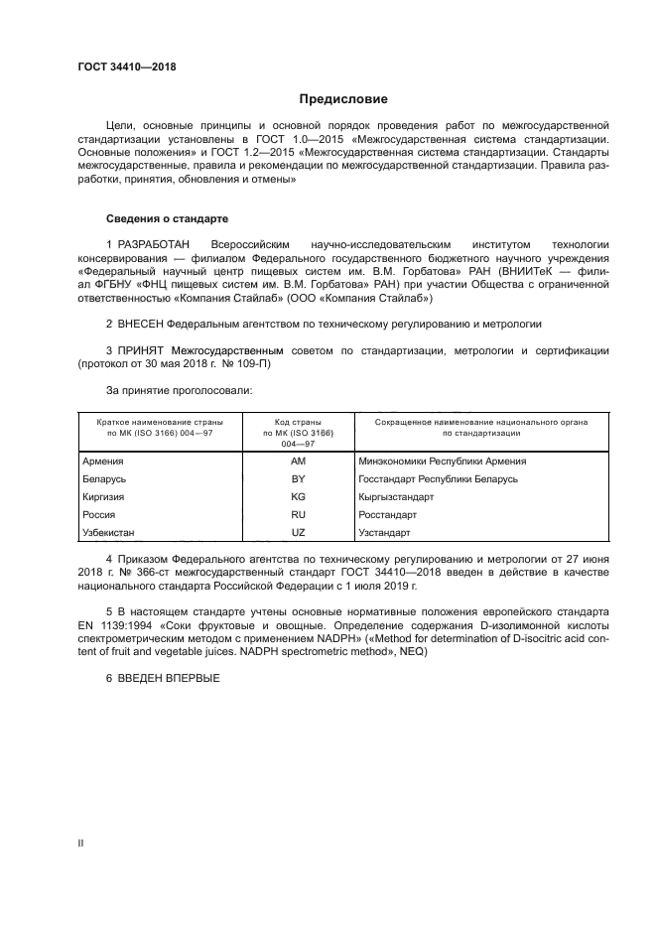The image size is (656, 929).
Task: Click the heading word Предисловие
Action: coord(344,99)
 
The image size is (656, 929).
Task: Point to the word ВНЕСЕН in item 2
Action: coord(140,324)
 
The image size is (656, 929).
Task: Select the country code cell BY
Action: coord(298,479)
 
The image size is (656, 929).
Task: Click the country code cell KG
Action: coord(298,497)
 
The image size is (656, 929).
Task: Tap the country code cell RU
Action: coord(298,515)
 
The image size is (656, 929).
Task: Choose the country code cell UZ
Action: coord(298,533)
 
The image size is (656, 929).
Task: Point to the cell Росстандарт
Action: coord(389,515)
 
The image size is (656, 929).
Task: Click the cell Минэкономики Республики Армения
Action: coord(443,462)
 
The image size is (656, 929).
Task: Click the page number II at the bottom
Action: coord(81,843)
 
